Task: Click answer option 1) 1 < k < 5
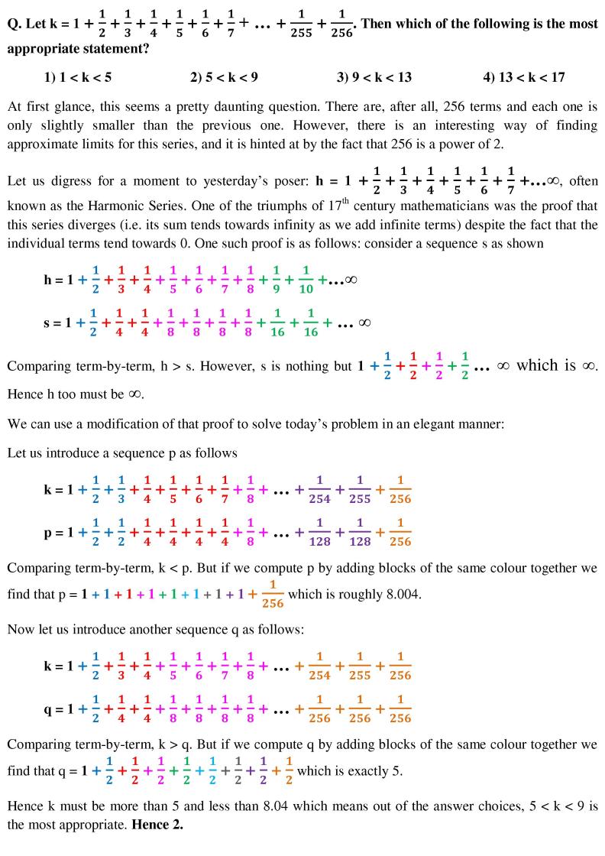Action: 79,77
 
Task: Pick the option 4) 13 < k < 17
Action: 524,77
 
